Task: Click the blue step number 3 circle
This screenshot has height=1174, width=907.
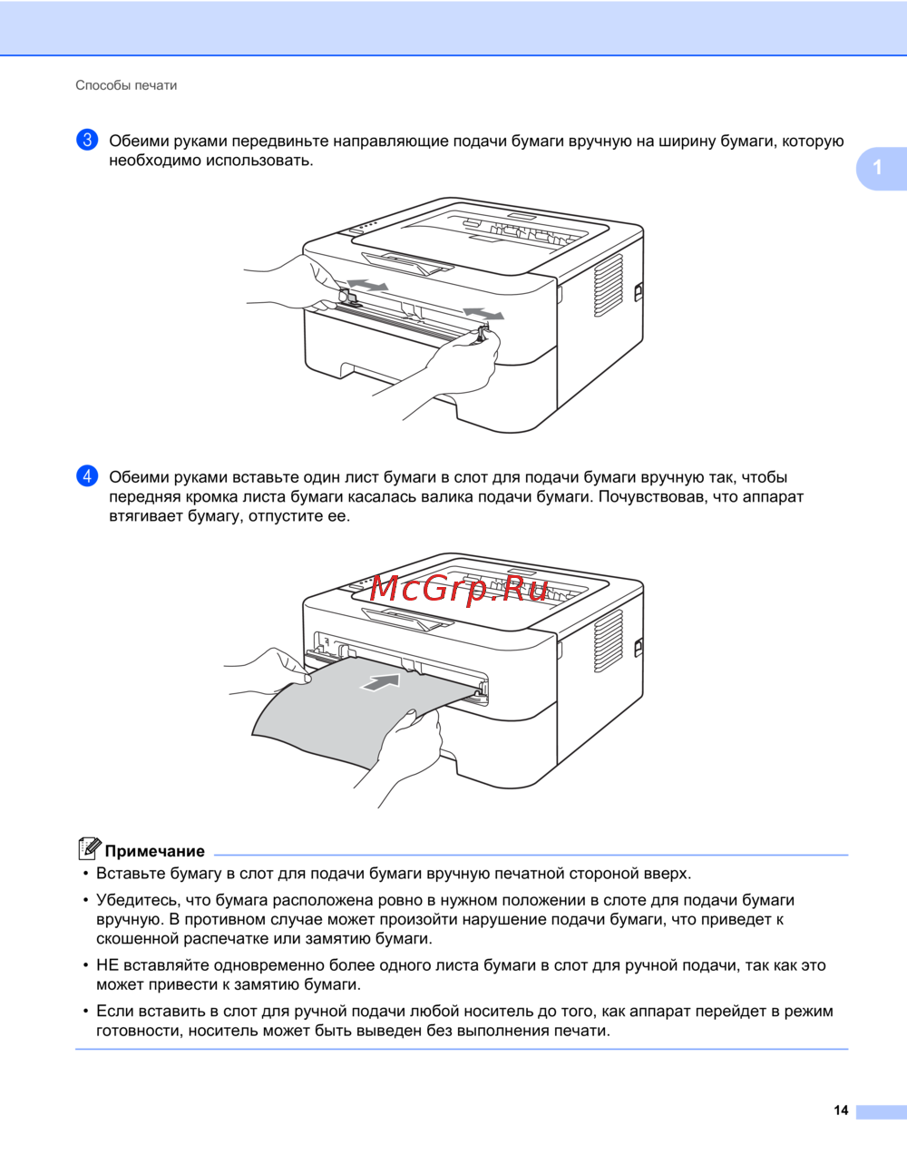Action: (x=87, y=140)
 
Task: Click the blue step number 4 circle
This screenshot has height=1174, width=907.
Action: (x=87, y=476)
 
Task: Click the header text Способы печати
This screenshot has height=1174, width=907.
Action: (x=126, y=85)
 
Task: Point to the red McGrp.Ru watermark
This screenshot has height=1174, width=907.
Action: (x=458, y=589)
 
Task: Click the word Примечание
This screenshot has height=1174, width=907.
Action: (x=155, y=851)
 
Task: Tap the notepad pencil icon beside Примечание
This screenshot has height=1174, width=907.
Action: (x=89, y=848)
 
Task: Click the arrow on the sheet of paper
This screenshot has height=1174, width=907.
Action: (x=380, y=682)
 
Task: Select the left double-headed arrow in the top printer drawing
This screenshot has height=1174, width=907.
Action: (x=367, y=285)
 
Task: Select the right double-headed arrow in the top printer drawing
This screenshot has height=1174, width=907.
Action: (x=483, y=313)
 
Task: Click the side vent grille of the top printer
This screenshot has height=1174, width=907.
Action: (x=608, y=285)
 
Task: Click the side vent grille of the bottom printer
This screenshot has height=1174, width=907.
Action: (x=608, y=641)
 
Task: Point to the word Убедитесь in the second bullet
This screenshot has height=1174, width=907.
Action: (x=141, y=901)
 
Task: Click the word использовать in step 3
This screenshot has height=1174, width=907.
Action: (x=259, y=161)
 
